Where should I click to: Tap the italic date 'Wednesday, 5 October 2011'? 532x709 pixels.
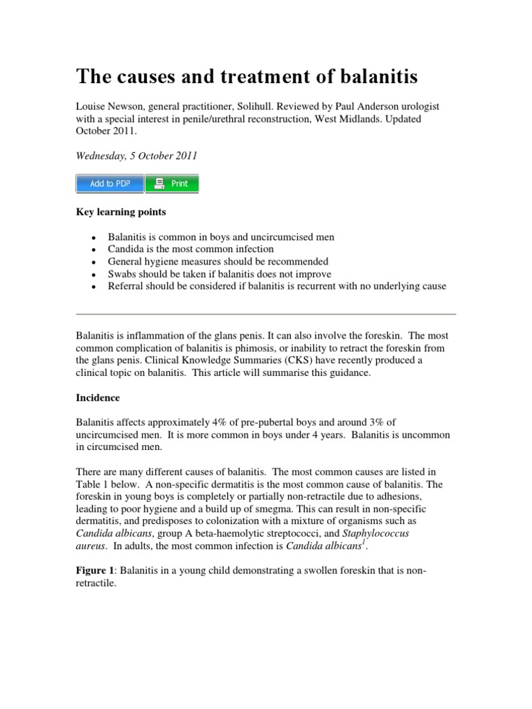coord(136,156)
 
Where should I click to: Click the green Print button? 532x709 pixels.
coord(172,183)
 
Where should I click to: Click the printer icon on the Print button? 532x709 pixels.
coord(159,183)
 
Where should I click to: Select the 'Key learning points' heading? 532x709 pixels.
coord(114,211)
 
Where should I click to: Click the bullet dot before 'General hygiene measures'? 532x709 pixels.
coord(92,262)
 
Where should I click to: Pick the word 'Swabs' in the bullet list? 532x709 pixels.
coord(121,274)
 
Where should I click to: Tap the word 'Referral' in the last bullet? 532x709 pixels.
coord(126,287)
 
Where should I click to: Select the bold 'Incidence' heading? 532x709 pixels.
coord(98,398)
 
